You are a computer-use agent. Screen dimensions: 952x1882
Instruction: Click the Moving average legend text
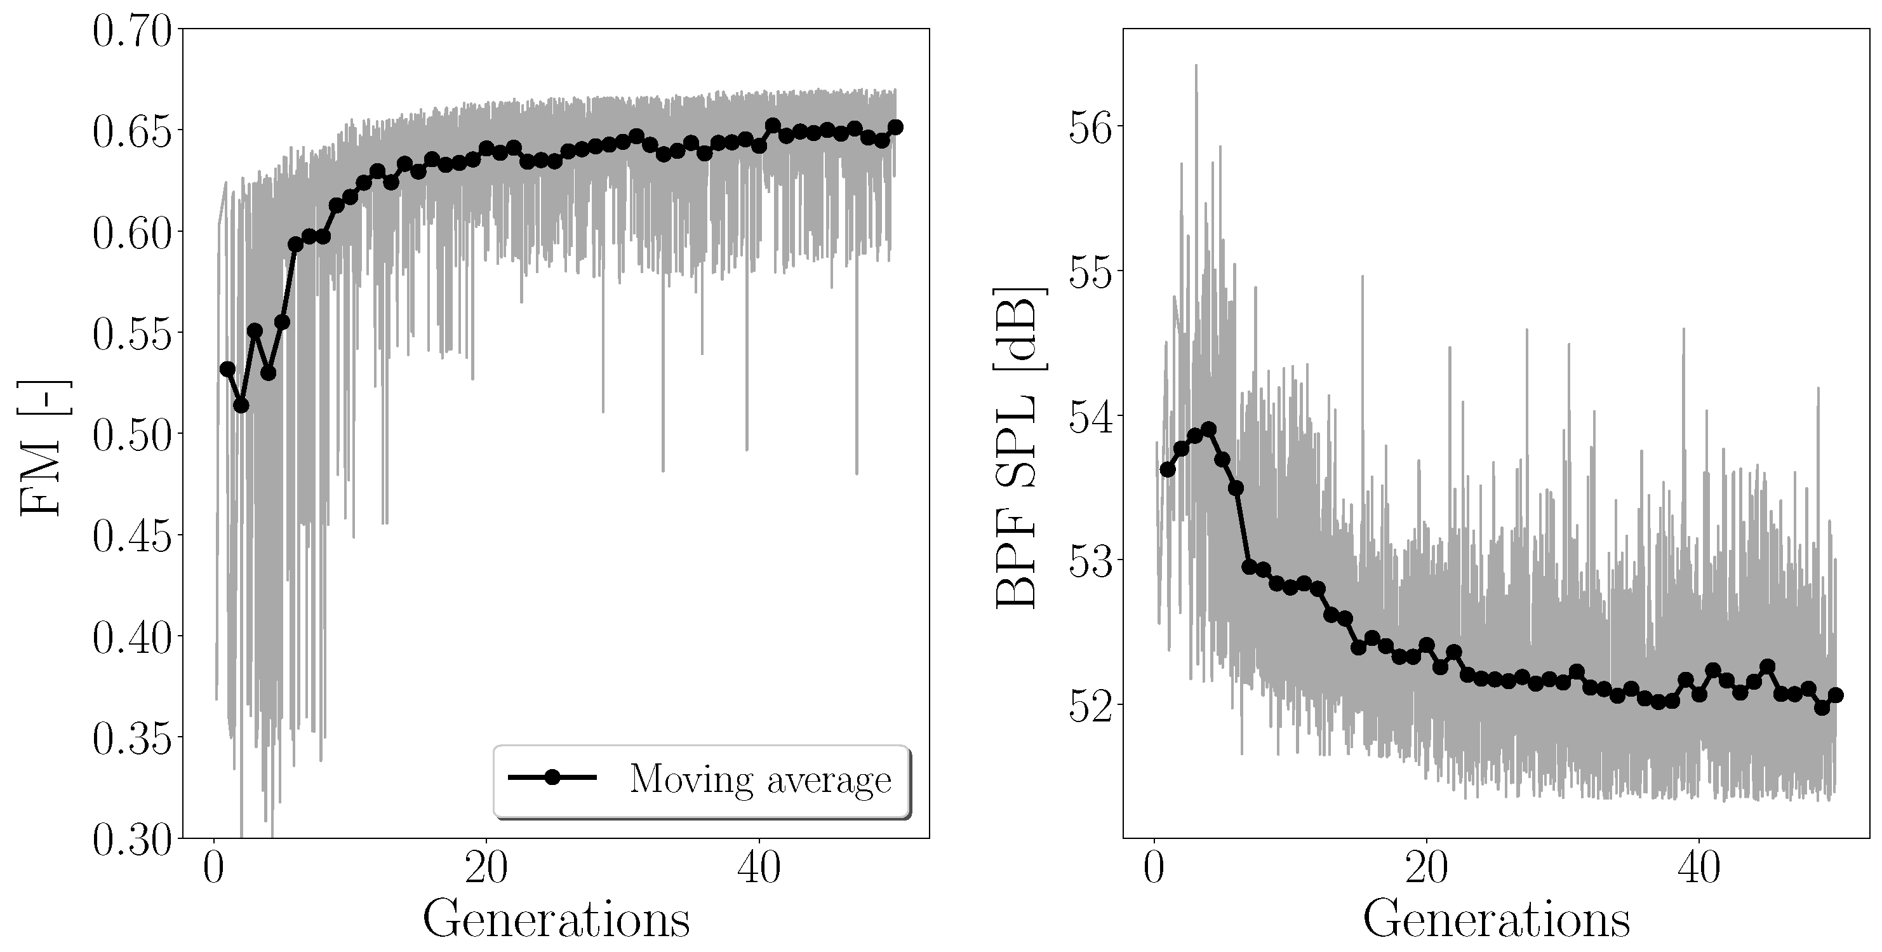point(760,779)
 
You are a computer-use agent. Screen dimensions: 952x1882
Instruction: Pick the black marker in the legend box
point(552,777)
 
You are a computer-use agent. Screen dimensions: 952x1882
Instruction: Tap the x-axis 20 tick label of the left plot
point(486,869)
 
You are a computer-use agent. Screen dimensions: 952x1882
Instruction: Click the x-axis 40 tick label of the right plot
point(1698,869)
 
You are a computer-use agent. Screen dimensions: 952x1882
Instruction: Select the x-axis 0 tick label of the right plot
point(1154,869)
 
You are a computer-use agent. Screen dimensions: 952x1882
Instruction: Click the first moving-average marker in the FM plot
point(227,369)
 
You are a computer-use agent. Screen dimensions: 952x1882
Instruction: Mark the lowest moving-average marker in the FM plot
point(241,405)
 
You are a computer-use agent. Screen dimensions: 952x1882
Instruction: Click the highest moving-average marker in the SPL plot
point(1208,429)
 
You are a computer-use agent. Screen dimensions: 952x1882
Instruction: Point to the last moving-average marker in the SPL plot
point(1835,695)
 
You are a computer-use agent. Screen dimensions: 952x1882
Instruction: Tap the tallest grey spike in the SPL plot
point(1196,66)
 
